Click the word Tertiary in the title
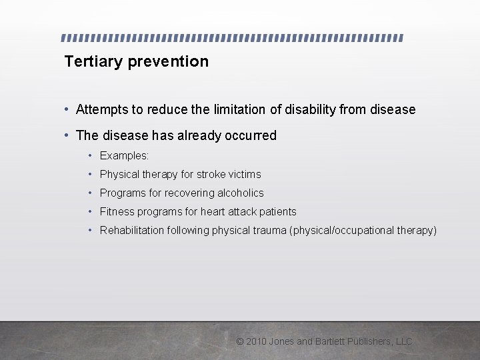click(x=93, y=62)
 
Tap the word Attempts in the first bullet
click(x=102, y=109)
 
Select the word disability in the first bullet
click(x=310, y=109)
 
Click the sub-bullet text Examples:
click(x=125, y=155)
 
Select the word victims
click(x=245, y=174)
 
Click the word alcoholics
click(x=238, y=193)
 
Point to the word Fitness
click(x=117, y=211)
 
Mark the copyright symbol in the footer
click(x=240, y=341)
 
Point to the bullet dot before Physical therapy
click(x=90, y=174)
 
